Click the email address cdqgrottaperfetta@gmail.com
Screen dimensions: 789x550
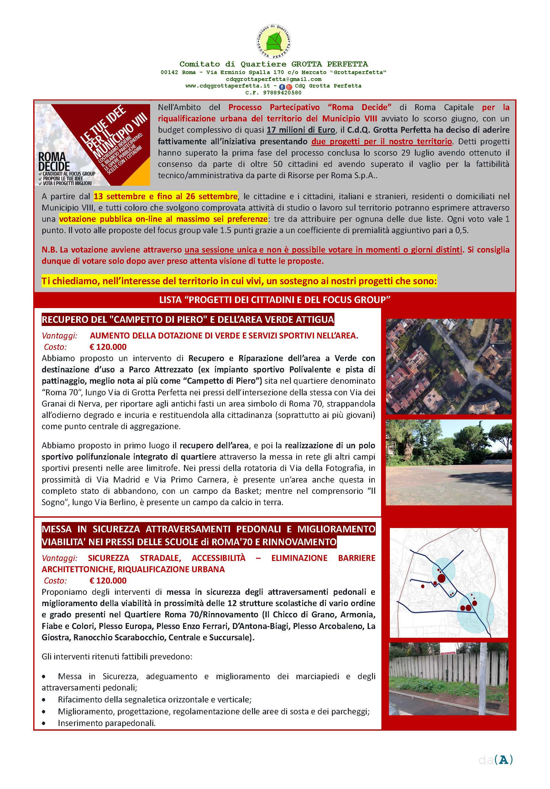tap(274, 79)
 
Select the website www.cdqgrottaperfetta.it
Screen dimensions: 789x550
tap(228, 86)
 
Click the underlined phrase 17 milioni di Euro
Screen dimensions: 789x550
tap(301, 130)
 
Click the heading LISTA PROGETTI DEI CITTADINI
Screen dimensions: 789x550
tap(275, 300)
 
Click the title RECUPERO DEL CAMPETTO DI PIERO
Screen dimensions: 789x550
tap(187, 320)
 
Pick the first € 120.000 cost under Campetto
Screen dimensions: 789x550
tap(108, 347)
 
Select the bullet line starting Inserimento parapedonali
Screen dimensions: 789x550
tap(107, 723)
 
